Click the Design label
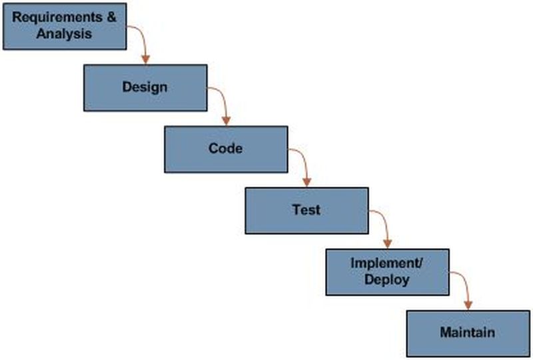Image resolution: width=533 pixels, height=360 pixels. tap(145, 87)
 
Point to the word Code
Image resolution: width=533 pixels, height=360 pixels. tap(225, 148)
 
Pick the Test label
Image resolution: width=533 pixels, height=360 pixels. tap(306, 209)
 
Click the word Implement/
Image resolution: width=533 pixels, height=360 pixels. tap(386, 263)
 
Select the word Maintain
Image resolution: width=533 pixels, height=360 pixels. tap(467, 332)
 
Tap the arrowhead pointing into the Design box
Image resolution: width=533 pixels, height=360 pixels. tap(146, 60)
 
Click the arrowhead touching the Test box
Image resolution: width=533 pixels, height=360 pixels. tap(307, 183)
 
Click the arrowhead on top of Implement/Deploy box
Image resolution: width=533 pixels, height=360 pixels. tap(388, 244)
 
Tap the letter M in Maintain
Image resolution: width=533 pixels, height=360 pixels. tap(444, 332)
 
